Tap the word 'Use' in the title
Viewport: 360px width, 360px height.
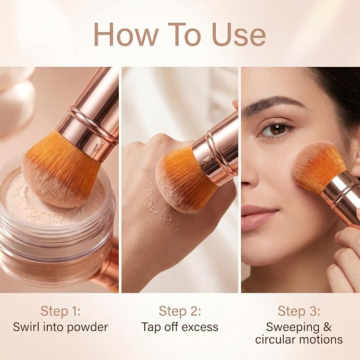pos(239,34)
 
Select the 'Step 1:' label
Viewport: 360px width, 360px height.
pos(60,311)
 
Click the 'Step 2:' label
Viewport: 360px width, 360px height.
pos(180,311)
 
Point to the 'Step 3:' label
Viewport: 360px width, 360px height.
pos(298,311)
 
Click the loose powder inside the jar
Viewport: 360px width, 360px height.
pos(34,202)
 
